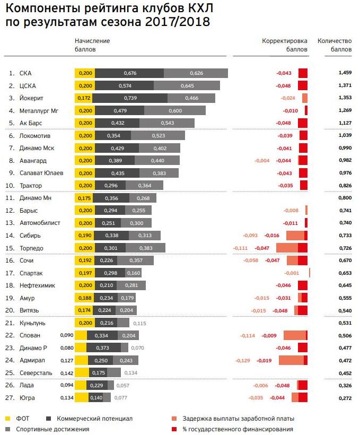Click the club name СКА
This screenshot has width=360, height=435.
25,73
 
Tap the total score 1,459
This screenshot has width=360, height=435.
344,73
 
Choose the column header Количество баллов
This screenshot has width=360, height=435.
334,45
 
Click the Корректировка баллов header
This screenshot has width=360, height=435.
285,45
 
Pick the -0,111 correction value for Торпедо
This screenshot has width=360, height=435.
241,248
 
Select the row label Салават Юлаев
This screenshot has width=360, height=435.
41,173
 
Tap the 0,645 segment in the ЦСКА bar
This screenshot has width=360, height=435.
187,85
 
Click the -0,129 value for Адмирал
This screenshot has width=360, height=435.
243,360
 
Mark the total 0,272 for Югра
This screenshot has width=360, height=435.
344,397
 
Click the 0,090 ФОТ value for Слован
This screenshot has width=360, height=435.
67,335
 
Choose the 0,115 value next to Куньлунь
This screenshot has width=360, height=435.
139,323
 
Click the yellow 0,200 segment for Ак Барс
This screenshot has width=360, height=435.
85,123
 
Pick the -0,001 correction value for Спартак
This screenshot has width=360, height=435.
292,273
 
